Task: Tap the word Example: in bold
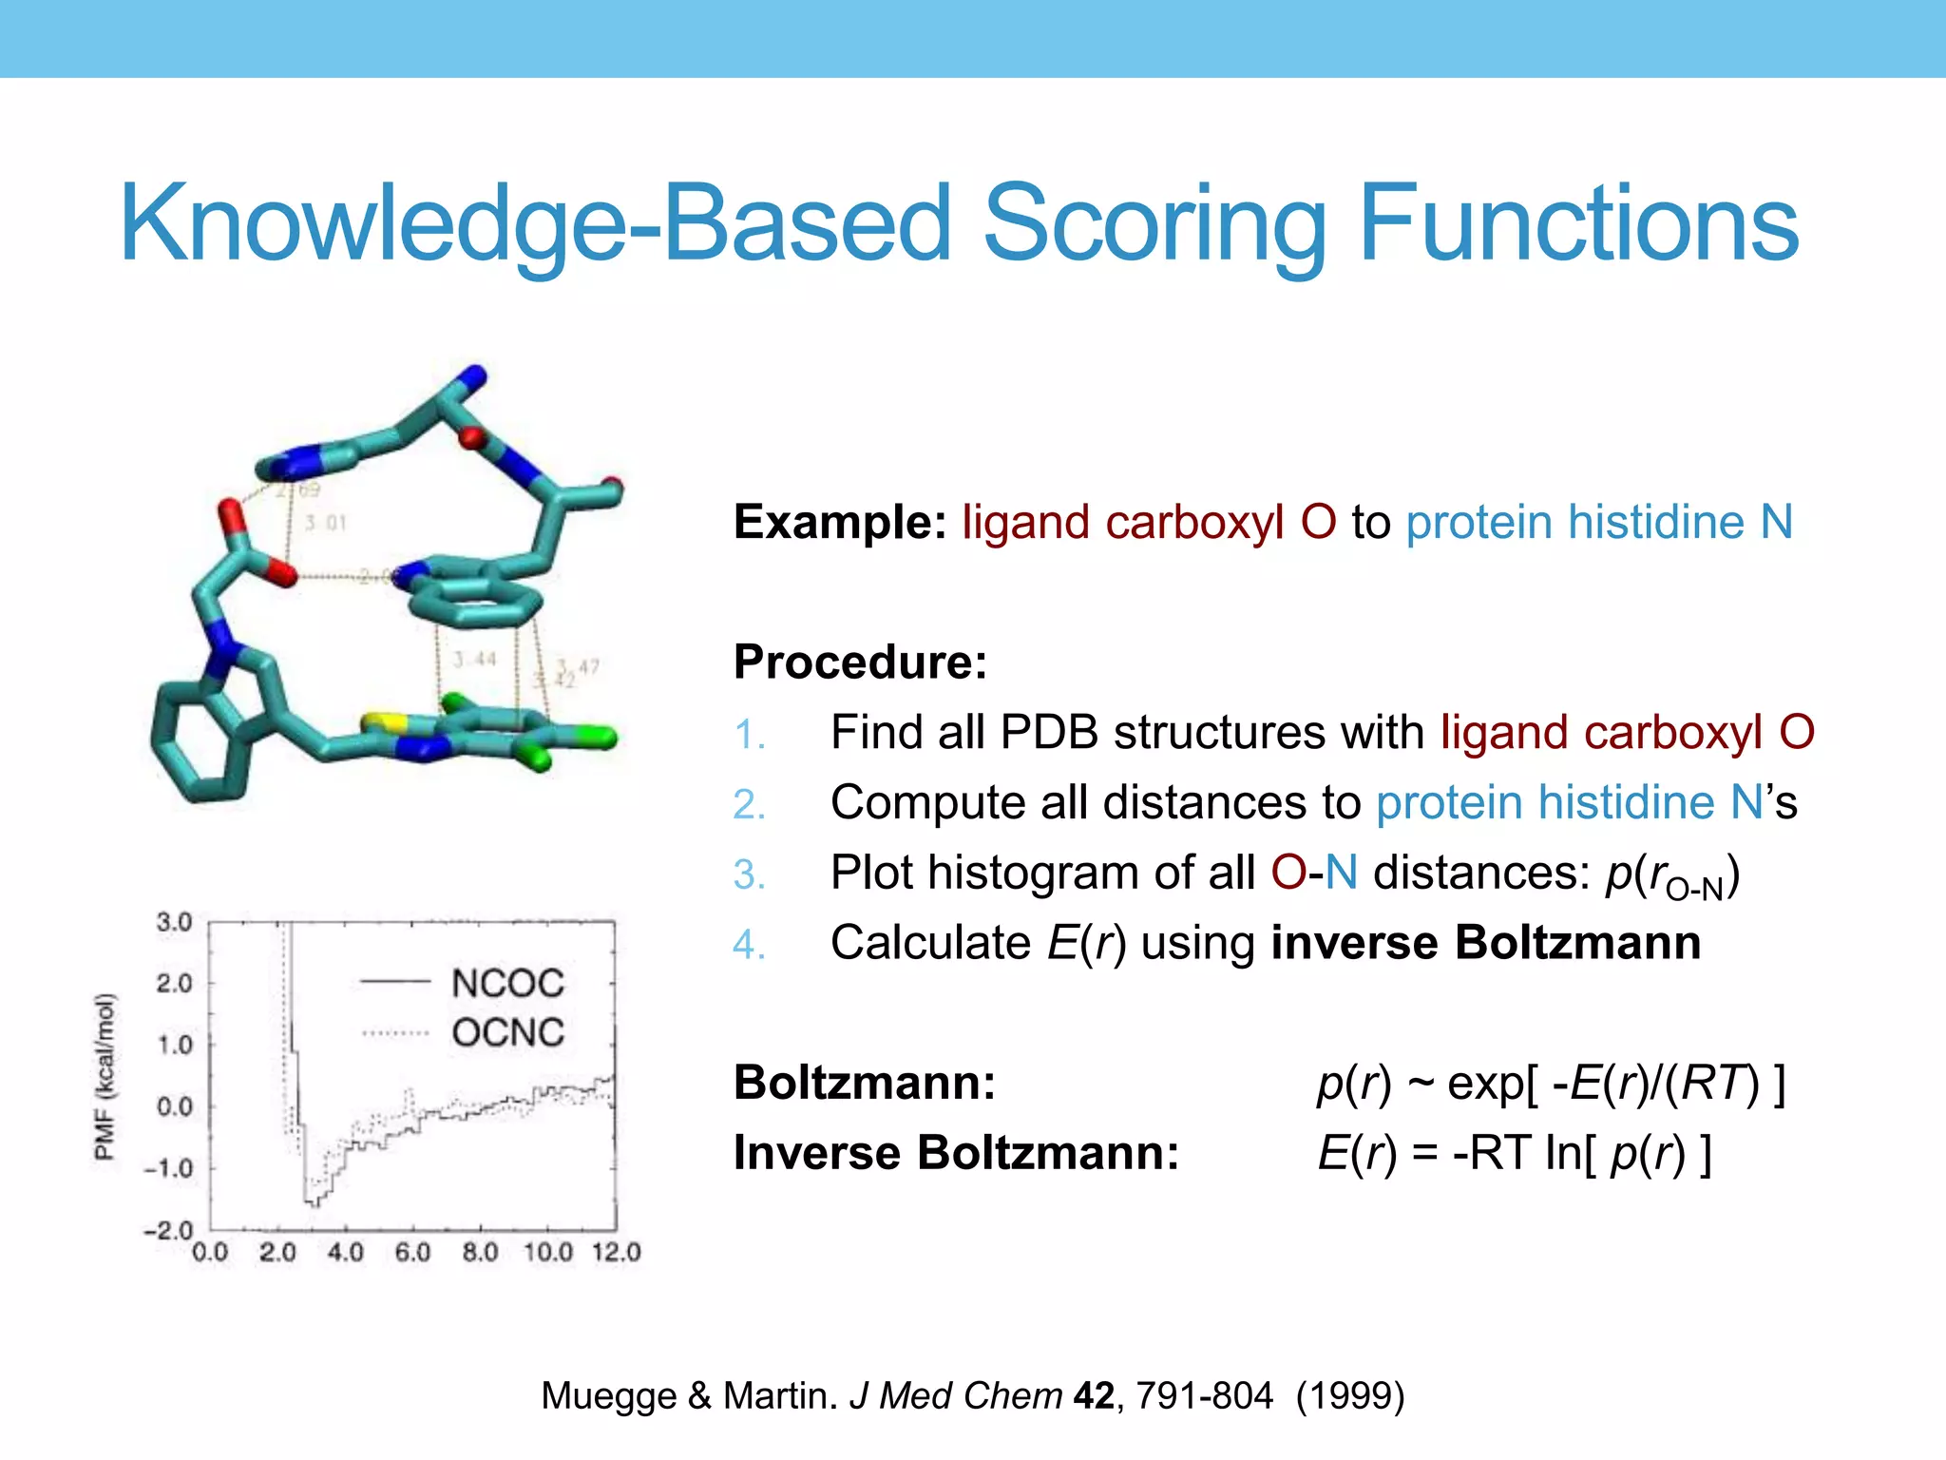(840, 522)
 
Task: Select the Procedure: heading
(860, 662)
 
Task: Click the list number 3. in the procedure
(749, 874)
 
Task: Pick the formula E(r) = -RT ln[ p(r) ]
(1515, 1153)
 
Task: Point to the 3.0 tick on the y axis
(174, 922)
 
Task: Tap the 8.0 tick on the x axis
(480, 1253)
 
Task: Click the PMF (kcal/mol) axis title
(105, 1077)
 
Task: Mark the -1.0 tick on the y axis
(168, 1168)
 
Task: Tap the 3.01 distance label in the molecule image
(325, 523)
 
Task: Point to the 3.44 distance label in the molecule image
(474, 659)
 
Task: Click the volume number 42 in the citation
(1094, 1396)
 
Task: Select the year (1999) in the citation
(1350, 1396)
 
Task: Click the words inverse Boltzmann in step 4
(1485, 943)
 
